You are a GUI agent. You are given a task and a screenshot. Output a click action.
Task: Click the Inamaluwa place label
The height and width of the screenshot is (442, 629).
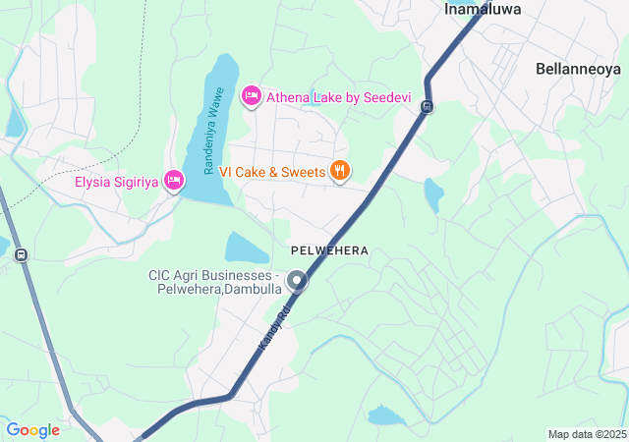coord(483,9)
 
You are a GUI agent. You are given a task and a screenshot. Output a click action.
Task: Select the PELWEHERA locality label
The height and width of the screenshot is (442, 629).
coord(329,250)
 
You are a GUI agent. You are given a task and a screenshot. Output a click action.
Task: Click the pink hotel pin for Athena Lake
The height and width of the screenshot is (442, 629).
coord(251,95)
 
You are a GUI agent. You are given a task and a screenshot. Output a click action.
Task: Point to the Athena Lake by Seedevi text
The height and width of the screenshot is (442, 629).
coord(330,97)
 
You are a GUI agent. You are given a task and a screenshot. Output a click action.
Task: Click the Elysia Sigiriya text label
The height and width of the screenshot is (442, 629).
coord(117,181)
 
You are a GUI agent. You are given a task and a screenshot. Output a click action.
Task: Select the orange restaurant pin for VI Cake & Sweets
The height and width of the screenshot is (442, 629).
coord(340,171)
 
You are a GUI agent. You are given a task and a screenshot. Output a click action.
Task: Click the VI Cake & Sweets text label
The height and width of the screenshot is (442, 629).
coord(272,172)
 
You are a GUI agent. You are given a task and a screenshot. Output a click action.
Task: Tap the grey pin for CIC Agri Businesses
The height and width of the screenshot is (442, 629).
coord(297,283)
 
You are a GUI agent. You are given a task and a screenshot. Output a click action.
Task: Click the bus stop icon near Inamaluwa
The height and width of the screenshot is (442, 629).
coord(427,106)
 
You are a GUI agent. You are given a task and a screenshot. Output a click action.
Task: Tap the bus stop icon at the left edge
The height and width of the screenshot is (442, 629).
coord(22,254)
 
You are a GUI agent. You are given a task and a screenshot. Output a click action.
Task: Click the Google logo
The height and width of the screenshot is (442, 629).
coord(32,430)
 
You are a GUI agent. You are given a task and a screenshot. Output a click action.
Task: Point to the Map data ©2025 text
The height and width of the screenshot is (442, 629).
coord(587,434)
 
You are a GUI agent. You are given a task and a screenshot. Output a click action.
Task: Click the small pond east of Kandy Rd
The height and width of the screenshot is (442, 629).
coord(432,193)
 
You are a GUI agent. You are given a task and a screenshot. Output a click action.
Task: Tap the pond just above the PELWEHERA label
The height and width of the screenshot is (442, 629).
coord(247,249)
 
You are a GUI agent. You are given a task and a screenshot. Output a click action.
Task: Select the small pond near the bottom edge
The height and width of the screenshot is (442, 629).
coord(385,416)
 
